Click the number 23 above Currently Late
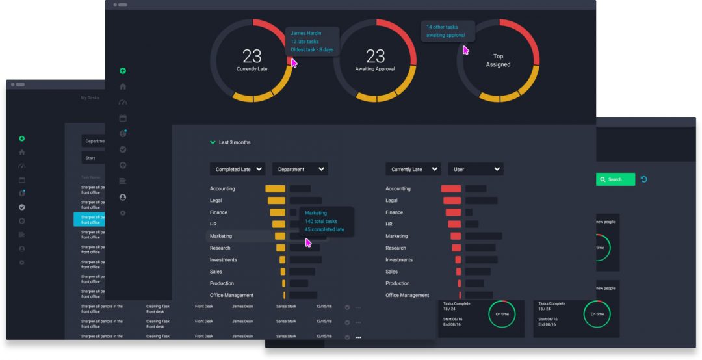click(252, 56)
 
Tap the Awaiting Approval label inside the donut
click(375, 68)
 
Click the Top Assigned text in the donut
click(498, 60)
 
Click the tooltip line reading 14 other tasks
click(442, 27)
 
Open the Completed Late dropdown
click(237, 169)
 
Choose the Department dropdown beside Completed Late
click(300, 169)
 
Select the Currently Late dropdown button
click(413, 169)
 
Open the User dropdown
click(475, 169)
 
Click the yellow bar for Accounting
click(276, 189)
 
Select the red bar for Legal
click(452, 201)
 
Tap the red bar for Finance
click(453, 212)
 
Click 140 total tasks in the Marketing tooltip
click(321, 221)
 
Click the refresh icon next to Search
click(644, 179)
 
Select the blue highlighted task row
click(89, 220)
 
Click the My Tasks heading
click(90, 97)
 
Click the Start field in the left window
click(92, 158)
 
